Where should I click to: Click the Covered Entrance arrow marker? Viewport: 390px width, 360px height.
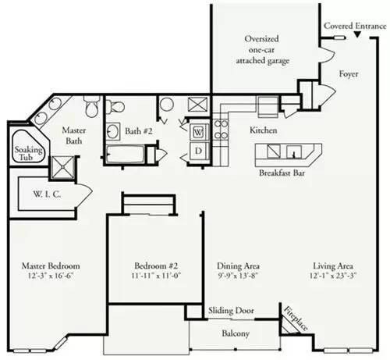(357, 34)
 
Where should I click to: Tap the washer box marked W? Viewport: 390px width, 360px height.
(198, 132)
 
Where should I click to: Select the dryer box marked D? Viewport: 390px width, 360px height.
(198, 151)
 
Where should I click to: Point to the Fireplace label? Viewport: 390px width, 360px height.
(296, 318)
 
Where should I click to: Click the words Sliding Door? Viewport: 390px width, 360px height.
(231, 310)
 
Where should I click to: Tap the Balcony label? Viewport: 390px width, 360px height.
(236, 333)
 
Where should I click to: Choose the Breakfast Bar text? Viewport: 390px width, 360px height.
(282, 173)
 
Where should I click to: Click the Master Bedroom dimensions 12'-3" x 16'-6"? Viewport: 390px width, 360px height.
(51, 276)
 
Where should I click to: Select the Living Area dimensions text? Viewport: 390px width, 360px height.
(333, 276)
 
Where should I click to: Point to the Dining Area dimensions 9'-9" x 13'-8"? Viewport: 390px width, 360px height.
(238, 276)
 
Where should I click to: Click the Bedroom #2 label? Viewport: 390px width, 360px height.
(156, 266)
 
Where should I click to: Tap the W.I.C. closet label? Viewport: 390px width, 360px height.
(47, 194)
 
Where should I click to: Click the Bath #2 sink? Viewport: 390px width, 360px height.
(113, 131)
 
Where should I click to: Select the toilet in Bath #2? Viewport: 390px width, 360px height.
(115, 106)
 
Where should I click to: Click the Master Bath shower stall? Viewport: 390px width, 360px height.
(62, 168)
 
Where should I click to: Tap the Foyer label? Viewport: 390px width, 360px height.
(349, 74)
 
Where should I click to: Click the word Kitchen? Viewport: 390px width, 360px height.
(264, 130)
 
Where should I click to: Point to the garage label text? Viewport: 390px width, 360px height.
(262, 50)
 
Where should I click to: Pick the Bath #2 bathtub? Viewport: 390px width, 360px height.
(126, 155)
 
